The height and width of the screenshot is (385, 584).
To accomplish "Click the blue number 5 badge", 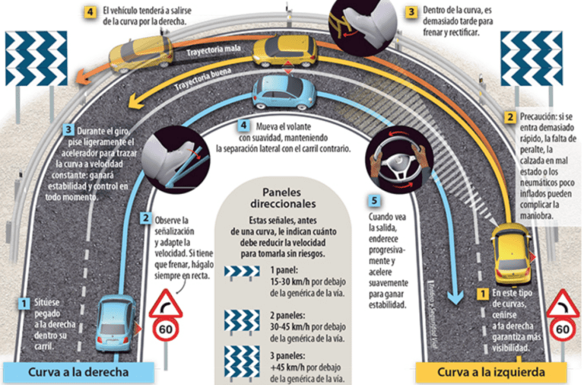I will (373, 202).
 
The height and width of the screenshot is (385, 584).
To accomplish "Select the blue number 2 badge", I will (144, 218).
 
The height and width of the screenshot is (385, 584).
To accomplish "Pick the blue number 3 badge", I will (69, 129).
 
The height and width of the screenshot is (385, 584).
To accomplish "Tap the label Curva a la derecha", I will (76, 372).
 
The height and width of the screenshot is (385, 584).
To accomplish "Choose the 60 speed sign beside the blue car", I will (164, 319).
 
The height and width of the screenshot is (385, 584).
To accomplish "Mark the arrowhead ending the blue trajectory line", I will (453, 294).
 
